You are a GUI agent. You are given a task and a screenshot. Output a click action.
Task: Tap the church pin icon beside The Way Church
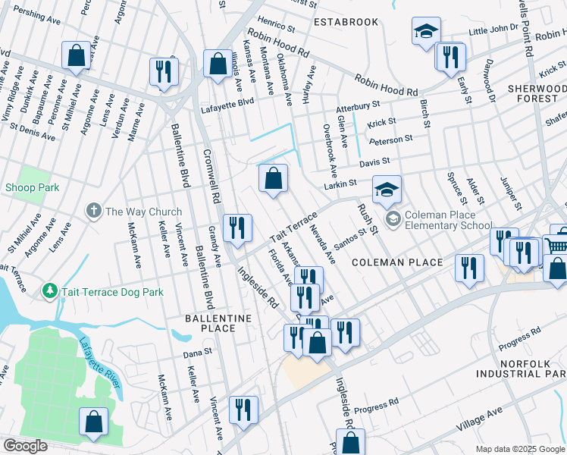[93, 211]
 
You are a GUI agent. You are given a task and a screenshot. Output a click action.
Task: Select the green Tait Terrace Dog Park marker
[49, 291]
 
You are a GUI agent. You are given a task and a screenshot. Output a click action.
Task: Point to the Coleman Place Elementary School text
[449, 219]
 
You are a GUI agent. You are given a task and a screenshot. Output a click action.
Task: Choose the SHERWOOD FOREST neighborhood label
[537, 94]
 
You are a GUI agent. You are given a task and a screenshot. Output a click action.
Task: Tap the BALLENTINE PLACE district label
[210, 322]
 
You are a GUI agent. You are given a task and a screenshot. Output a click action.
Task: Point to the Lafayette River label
[99, 362]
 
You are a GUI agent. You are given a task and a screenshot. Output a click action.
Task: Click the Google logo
[26, 446]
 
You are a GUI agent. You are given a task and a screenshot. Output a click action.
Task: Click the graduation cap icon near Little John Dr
[426, 33]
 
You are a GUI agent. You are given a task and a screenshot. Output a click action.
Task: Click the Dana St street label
[196, 353]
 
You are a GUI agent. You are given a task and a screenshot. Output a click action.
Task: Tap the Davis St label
[374, 162]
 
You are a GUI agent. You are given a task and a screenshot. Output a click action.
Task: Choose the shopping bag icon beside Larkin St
[274, 180]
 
